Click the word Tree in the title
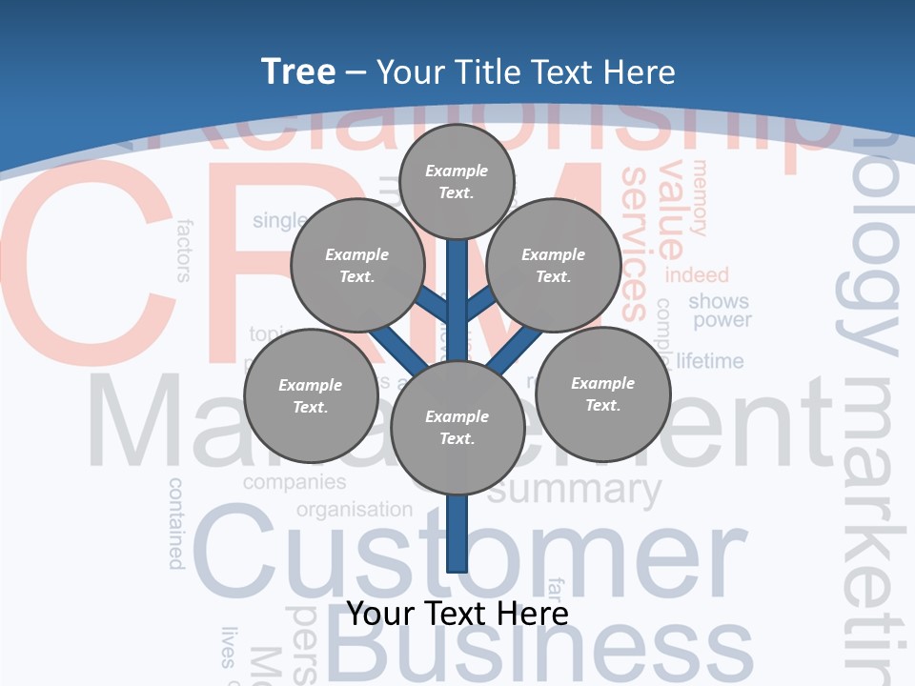(x=298, y=71)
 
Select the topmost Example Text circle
(x=457, y=181)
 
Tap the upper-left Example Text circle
(x=357, y=265)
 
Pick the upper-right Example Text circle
(x=554, y=265)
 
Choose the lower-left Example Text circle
(x=311, y=395)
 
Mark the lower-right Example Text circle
(x=602, y=393)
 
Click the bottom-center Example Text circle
(x=457, y=428)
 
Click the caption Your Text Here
(x=457, y=614)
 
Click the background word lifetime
(x=710, y=361)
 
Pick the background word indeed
(x=697, y=275)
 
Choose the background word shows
(x=719, y=301)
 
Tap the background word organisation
(x=355, y=510)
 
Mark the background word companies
(x=295, y=482)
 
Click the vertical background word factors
(x=184, y=251)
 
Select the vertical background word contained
(x=176, y=523)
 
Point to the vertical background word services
(x=635, y=243)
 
